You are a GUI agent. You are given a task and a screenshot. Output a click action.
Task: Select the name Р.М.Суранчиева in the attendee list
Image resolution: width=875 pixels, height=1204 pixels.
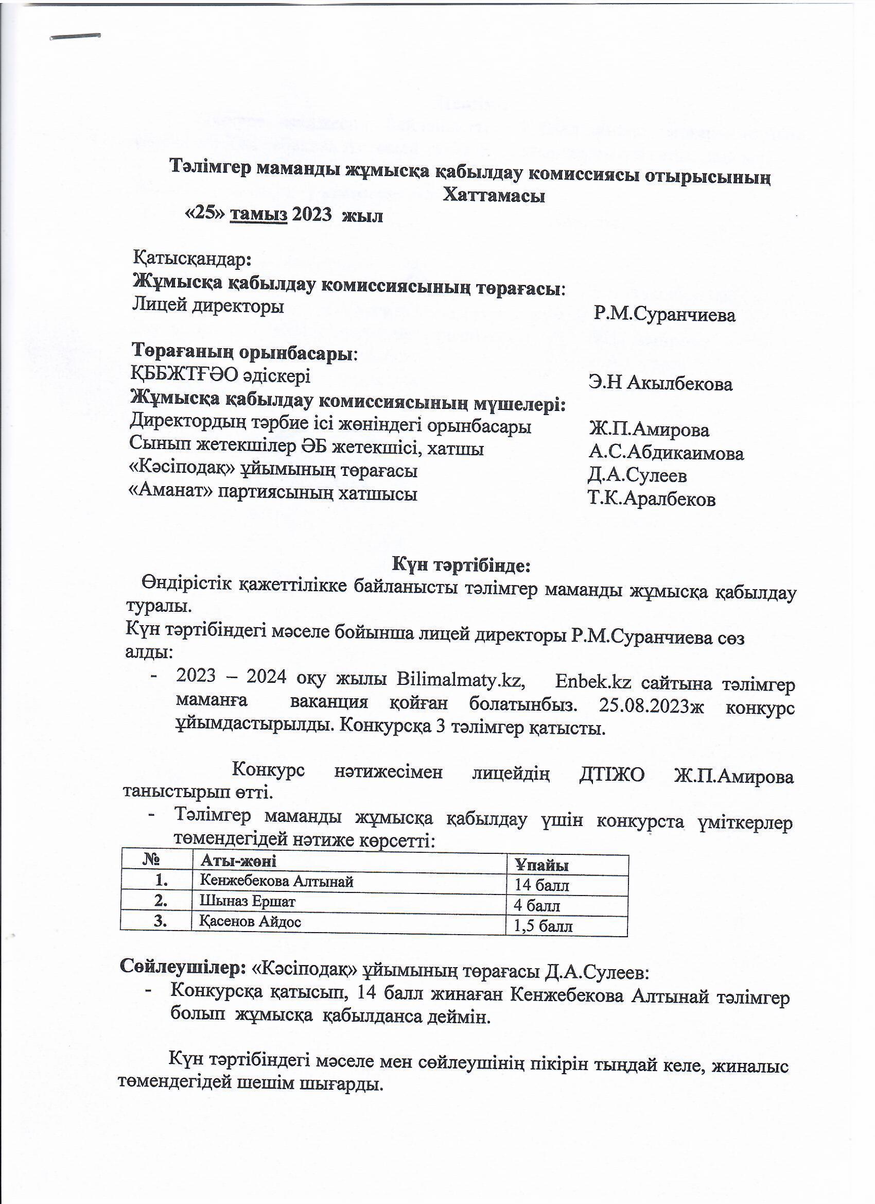tap(664, 315)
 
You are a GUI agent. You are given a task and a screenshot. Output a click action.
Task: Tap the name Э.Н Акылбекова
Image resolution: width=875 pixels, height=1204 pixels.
tap(660, 383)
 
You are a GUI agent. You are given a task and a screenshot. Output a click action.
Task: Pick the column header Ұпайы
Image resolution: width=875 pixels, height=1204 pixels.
tap(541, 865)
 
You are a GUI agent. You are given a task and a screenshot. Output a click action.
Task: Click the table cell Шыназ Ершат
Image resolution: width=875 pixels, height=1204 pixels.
tap(247, 901)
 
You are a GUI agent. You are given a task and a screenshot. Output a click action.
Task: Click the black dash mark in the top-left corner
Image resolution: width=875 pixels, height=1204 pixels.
tap(75, 37)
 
